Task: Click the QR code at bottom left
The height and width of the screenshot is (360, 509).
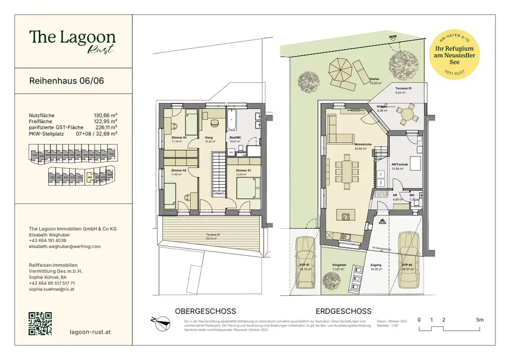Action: click(40, 323)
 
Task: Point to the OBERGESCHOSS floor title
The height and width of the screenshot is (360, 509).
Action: click(205, 311)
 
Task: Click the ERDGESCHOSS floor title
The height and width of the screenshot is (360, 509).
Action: click(343, 311)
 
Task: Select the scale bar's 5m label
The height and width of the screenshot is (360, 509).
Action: click(479, 320)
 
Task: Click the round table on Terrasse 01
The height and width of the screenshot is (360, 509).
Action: click(408, 114)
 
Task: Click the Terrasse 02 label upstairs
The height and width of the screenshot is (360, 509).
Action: click(212, 234)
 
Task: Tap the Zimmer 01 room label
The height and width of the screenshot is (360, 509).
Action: click(243, 171)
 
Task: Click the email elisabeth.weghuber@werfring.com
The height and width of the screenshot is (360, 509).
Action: click(65, 246)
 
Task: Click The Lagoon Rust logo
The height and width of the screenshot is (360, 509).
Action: click(72, 40)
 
